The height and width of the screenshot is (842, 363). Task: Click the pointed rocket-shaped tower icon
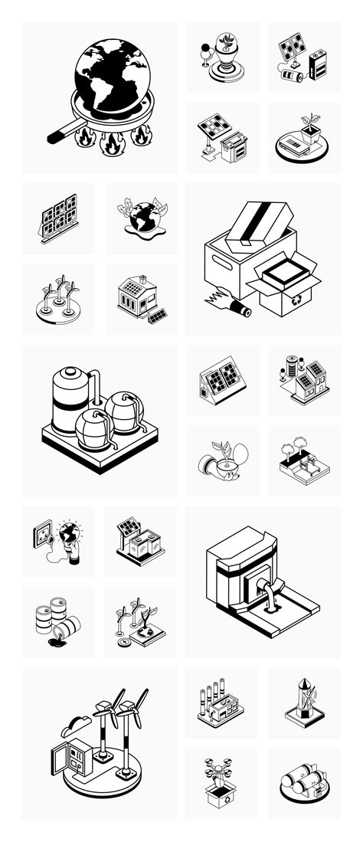click(x=303, y=699)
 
